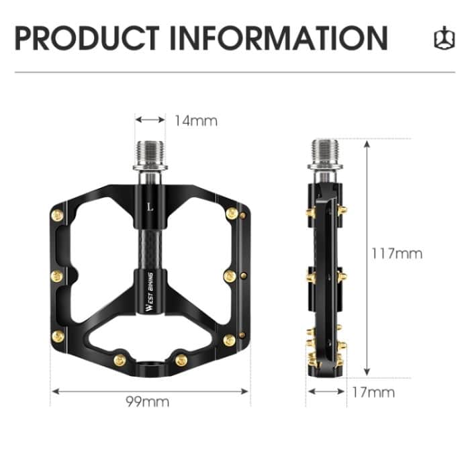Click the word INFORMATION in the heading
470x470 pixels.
278,38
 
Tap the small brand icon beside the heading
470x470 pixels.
441,39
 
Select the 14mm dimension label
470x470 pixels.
196,121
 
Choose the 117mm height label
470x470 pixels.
397,253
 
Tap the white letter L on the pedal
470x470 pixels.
150,206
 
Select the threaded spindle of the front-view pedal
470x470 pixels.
150,155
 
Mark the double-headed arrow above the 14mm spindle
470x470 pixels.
150,121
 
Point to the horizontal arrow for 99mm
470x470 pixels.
150,389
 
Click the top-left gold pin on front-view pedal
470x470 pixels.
57,215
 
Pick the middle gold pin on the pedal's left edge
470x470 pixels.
57,276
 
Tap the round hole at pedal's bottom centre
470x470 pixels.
150,366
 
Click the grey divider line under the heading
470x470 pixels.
235,72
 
